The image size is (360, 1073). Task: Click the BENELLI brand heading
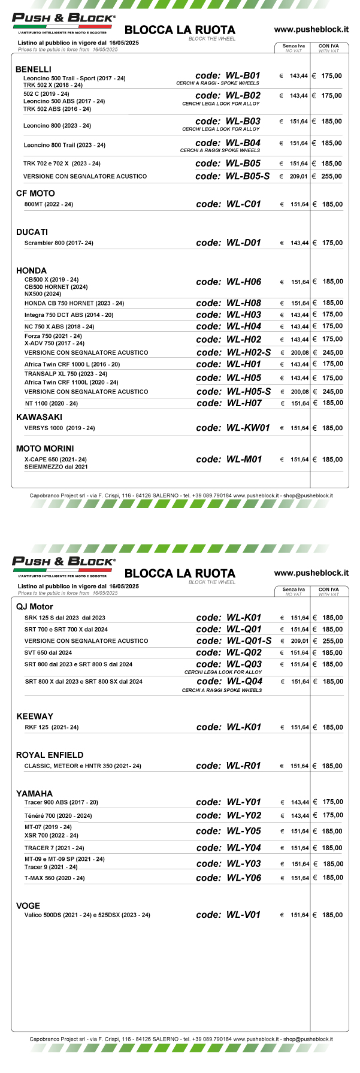[x=34, y=69]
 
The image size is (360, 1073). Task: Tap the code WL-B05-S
[x=232, y=176]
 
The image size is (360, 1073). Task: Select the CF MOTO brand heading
[x=35, y=194]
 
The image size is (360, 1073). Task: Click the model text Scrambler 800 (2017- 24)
[x=59, y=243]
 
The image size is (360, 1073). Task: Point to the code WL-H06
[x=229, y=282]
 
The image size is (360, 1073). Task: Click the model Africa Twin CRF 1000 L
[x=72, y=364]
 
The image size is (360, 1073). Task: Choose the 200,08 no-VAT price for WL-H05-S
[x=300, y=392]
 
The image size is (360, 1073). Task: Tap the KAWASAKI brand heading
[x=39, y=417]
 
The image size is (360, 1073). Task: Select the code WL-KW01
[x=233, y=428]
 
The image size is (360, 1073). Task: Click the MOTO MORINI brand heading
[x=45, y=449]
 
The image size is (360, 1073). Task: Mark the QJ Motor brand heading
[x=35, y=607]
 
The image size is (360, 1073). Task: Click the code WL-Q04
[x=229, y=681]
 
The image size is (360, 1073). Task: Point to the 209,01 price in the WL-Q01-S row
[x=300, y=641]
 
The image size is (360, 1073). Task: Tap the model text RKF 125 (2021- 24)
[x=52, y=727]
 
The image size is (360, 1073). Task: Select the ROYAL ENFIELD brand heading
[x=50, y=755]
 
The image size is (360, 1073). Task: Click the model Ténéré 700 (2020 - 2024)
[x=58, y=815]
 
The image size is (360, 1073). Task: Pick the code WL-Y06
[x=229, y=878]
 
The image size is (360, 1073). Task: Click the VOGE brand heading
[x=28, y=906]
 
